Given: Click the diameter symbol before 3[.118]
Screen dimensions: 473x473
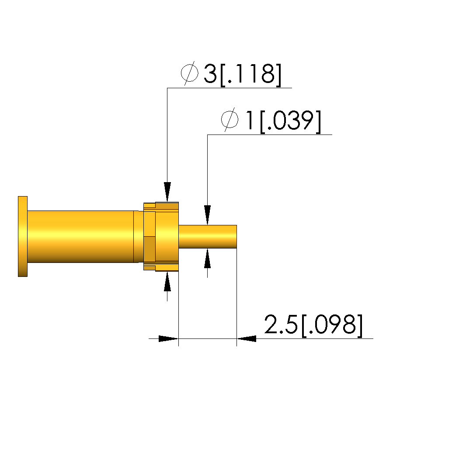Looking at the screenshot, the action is [x=190, y=73].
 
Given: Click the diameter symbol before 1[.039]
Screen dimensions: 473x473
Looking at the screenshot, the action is [x=230, y=120].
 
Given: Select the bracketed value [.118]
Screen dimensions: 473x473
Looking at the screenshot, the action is [x=251, y=75].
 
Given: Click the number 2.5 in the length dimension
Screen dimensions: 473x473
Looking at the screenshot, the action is [x=281, y=324].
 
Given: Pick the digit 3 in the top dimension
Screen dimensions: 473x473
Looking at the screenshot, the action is [x=210, y=73].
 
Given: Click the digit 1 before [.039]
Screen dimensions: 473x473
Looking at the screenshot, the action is [x=250, y=120].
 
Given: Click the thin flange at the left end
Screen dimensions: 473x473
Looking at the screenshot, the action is [x=23, y=236].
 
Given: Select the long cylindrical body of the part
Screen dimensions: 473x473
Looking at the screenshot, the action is [x=80, y=237].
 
